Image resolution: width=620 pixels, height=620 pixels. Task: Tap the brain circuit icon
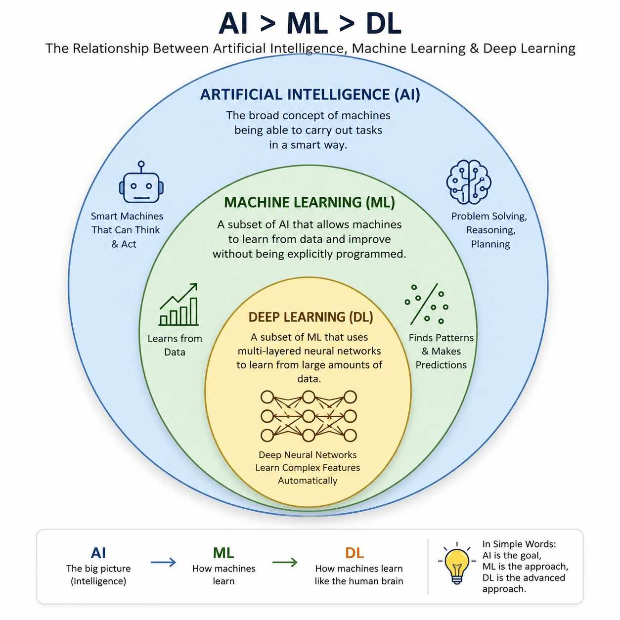coord(468,182)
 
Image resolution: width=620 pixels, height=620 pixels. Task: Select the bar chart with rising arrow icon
coord(178,305)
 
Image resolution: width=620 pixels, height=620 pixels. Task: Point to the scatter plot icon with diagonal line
coord(426,305)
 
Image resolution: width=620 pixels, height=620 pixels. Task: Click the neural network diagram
coord(309,416)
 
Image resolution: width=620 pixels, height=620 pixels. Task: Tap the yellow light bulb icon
coord(457,567)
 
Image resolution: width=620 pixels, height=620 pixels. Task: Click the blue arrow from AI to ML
coord(163,563)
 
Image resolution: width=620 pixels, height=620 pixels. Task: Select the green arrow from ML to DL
coord(285,563)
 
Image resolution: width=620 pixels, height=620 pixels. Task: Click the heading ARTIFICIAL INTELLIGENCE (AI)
coord(310,94)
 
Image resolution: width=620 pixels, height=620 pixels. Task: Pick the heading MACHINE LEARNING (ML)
coord(310,202)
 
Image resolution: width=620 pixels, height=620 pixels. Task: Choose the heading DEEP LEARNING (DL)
coord(311,317)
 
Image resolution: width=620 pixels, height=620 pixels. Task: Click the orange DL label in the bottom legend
coord(354,553)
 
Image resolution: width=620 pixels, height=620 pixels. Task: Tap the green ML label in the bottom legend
coord(223,553)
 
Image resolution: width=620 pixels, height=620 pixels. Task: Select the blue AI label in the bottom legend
coord(98,553)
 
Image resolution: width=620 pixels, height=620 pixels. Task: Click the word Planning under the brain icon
coord(490,244)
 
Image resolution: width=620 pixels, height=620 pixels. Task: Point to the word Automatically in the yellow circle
coord(308,481)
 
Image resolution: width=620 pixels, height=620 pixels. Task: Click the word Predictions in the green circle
coord(441,365)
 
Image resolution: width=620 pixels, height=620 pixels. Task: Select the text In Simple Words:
coord(519,544)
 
